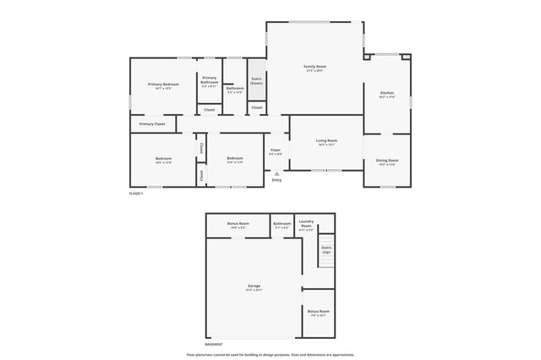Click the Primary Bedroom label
(164, 85)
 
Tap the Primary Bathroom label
(210, 80)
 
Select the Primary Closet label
(152, 124)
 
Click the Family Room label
(315, 67)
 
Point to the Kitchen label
(387, 94)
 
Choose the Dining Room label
(388, 161)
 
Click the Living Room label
(326, 142)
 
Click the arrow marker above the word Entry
(276, 173)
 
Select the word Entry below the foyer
(276, 180)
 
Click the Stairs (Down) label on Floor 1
(256, 81)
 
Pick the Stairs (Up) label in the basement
(325, 250)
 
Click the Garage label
(254, 287)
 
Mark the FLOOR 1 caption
(136, 194)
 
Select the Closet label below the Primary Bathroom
(209, 109)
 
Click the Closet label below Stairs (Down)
(256, 108)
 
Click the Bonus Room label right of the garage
(318, 313)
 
